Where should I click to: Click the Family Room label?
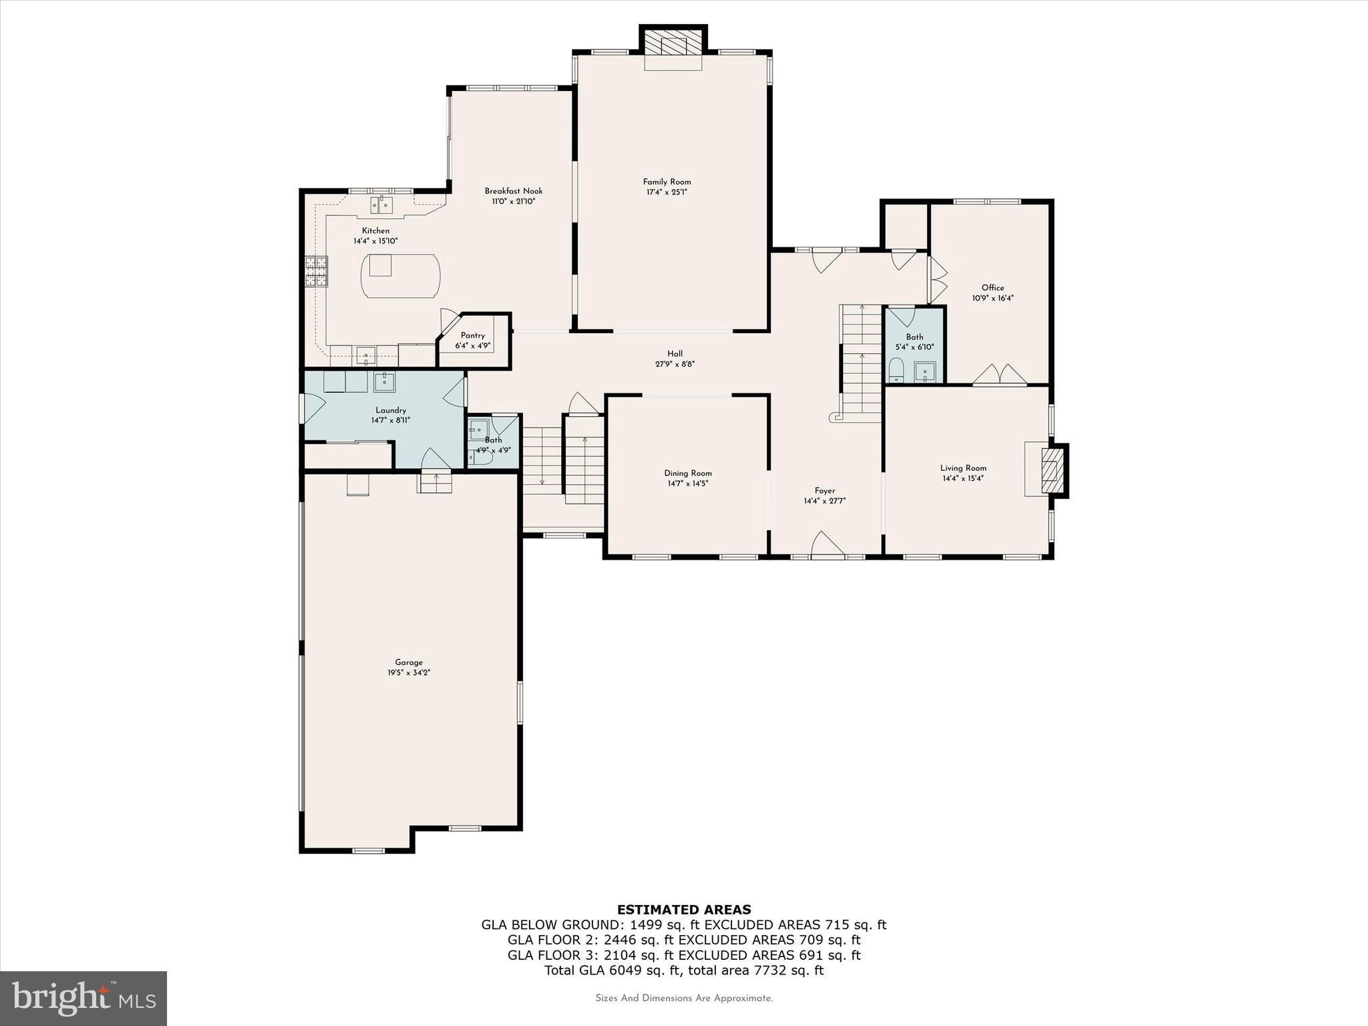[667, 182]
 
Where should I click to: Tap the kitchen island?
[400, 276]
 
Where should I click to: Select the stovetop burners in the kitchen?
[316, 271]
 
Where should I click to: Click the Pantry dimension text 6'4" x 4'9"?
[473, 346]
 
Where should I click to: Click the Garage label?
[408, 663]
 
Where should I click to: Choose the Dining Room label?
[688, 473]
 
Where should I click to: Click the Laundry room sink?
[384, 382]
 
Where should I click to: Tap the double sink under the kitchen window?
[381, 204]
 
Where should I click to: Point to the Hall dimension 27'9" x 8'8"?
[675, 364]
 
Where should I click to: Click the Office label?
[993, 288]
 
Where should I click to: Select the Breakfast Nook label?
[513, 191]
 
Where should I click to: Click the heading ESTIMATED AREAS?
[683, 909]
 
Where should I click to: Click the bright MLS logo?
[83, 998]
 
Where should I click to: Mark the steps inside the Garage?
[434, 482]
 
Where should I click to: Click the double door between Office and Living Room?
[999, 375]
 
